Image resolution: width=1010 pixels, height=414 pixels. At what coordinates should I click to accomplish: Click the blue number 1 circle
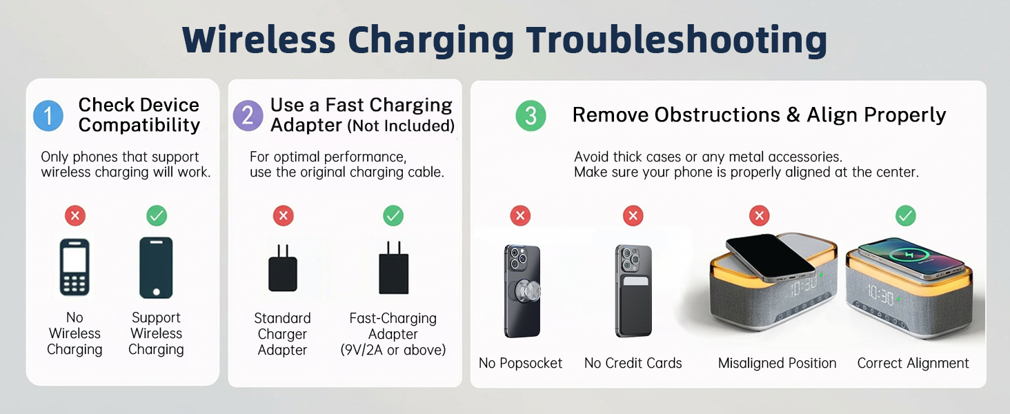(x=48, y=115)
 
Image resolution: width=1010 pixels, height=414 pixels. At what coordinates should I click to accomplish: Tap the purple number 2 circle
(x=248, y=115)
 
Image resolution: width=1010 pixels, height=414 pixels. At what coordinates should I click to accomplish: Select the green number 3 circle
(x=531, y=115)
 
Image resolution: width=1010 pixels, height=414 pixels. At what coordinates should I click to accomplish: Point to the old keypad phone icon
(x=75, y=268)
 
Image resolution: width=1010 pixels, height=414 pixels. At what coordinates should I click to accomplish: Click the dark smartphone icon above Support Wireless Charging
(x=156, y=268)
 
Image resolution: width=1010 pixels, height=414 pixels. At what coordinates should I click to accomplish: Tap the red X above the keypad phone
(x=75, y=216)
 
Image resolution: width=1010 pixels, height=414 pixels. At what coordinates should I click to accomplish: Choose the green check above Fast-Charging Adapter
(x=393, y=216)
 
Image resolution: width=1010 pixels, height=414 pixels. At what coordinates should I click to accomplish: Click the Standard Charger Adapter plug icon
(x=283, y=268)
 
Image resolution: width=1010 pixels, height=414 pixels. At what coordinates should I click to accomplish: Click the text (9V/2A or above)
(x=393, y=350)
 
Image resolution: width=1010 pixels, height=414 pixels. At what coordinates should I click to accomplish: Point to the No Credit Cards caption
(x=633, y=363)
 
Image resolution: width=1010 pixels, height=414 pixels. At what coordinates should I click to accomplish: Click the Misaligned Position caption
(x=777, y=363)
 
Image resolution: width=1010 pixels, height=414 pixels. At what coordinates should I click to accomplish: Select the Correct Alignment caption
(x=913, y=363)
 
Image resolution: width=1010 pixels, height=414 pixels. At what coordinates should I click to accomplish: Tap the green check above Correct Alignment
(x=905, y=216)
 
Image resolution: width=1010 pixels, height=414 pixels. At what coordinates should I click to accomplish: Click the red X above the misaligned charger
(x=760, y=216)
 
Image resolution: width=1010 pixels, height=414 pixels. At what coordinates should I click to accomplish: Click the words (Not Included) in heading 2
(x=401, y=126)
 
